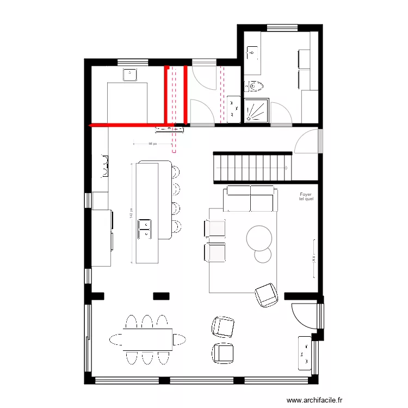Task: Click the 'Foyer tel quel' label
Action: tap(306, 196)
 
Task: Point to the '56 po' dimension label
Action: tap(153, 144)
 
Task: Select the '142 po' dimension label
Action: tap(131, 214)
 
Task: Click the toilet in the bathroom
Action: tap(254, 86)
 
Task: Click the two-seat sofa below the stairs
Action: tap(250, 199)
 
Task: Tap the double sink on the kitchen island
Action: tap(145, 228)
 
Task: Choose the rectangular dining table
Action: tap(147, 338)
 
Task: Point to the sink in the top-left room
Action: tap(131, 75)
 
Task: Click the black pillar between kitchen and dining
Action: tap(161, 296)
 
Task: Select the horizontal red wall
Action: tap(128, 125)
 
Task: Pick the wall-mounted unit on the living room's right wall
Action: tap(314, 251)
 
